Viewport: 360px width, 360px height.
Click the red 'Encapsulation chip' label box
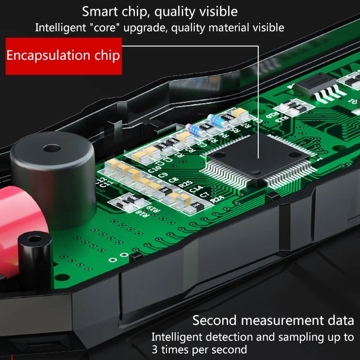(63, 56)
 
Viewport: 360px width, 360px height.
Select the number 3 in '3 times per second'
(154, 349)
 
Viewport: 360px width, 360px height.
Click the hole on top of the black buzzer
(48, 148)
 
